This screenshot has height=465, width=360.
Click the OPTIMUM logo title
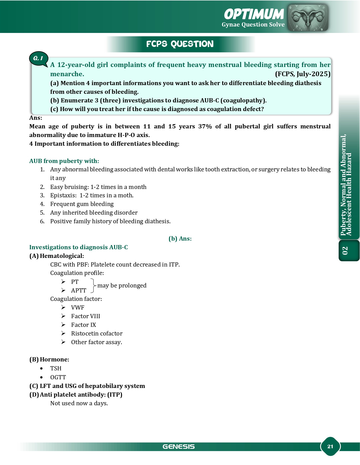[x=254, y=14]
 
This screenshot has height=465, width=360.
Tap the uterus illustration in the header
[x=308, y=17]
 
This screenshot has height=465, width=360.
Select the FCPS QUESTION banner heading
[x=180, y=44]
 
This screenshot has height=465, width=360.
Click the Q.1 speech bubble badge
[x=38, y=58]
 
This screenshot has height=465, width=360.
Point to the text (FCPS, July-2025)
[x=303, y=74]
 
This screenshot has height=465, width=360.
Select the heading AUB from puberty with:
[x=64, y=161]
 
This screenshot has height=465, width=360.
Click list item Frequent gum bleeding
[x=82, y=204]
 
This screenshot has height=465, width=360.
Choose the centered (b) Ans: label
[x=180, y=239]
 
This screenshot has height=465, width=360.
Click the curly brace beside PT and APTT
[x=93, y=286]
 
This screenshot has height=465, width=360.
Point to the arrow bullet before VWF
[x=64, y=307]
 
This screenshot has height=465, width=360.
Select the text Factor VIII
[x=85, y=316]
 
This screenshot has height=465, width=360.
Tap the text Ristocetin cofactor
[x=97, y=334]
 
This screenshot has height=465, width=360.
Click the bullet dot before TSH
[x=42, y=368]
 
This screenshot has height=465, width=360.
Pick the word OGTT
[x=58, y=377]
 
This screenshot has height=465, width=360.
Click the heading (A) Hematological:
[x=57, y=256]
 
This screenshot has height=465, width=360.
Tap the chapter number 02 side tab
[x=345, y=250]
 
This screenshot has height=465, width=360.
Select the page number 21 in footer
[x=330, y=446]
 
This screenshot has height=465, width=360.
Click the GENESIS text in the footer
[x=179, y=447]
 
